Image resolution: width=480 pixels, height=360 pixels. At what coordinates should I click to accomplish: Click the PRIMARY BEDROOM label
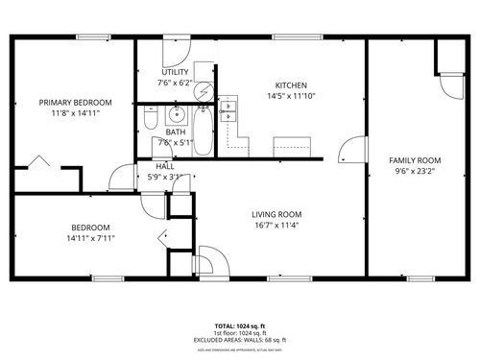(75, 102)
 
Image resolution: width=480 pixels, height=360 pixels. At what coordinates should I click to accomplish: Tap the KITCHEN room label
(291, 84)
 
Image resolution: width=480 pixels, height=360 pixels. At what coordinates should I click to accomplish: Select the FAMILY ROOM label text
(414, 160)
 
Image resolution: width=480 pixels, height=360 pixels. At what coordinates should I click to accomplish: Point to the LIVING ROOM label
(276, 214)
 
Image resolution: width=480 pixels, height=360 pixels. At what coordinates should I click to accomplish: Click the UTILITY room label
(175, 72)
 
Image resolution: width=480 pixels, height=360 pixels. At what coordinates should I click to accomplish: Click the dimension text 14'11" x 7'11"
(88, 239)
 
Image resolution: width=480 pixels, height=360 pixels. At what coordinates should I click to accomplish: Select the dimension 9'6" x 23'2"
(414, 172)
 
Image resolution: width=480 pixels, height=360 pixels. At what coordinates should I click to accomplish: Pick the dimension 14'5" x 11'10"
(291, 95)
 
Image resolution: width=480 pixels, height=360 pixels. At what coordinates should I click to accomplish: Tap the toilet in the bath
(150, 118)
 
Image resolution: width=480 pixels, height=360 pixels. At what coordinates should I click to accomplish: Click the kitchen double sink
(228, 111)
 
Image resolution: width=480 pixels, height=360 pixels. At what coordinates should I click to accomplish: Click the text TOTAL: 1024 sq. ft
(240, 325)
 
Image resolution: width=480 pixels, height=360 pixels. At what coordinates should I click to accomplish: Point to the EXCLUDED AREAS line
(240, 340)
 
